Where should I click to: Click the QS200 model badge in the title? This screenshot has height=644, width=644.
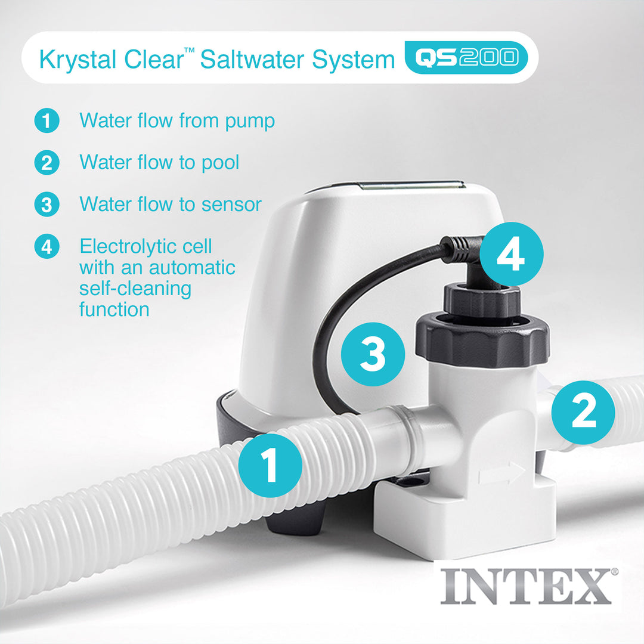tap(466, 58)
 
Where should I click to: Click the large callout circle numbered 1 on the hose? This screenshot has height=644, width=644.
tap(270, 465)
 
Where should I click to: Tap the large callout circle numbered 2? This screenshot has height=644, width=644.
tap(583, 412)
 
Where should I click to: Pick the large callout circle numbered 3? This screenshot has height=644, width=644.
tap(373, 354)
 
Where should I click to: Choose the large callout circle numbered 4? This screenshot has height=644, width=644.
tap(511, 254)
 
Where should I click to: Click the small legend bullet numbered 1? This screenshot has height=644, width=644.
tap(47, 121)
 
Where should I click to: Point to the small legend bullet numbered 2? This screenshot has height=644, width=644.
tap(47, 163)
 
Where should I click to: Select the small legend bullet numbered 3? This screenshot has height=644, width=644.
tap(47, 205)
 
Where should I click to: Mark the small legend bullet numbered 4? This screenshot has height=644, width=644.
tap(47, 246)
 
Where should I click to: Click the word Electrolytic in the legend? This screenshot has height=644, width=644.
tap(145, 246)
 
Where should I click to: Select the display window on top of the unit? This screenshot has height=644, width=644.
tap(411, 186)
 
